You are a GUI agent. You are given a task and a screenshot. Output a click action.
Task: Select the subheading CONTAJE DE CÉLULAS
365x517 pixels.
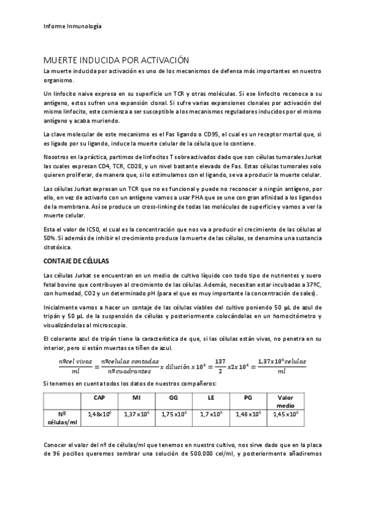click(x=76, y=261)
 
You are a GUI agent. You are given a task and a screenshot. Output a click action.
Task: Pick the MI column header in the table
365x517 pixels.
click(x=136, y=398)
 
